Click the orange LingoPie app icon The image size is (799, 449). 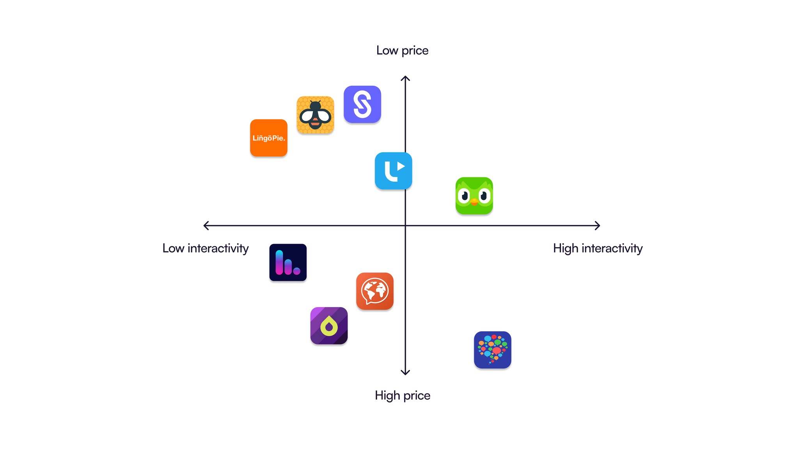(268, 138)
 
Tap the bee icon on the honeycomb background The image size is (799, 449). (315, 115)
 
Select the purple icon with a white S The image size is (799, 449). (362, 104)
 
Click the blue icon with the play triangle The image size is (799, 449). (393, 171)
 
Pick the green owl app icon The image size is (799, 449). (474, 196)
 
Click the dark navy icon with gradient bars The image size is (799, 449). (288, 262)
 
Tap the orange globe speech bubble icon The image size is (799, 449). (375, 291)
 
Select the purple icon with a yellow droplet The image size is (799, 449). (329, 325)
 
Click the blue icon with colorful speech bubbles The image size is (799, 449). (492, 350)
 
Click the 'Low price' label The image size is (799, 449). (402, 50)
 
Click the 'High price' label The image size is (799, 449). (402, 395)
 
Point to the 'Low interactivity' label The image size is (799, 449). (206, 248)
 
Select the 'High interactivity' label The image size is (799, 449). (598, 248)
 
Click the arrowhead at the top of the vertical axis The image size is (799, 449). (405, 78)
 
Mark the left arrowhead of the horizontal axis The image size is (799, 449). (205, 225)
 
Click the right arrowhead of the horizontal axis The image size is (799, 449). (598, 225)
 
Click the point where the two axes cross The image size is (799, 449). (405, 225)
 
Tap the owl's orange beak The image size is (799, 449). (474, 202)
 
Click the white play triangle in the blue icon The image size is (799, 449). (401, 166)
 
